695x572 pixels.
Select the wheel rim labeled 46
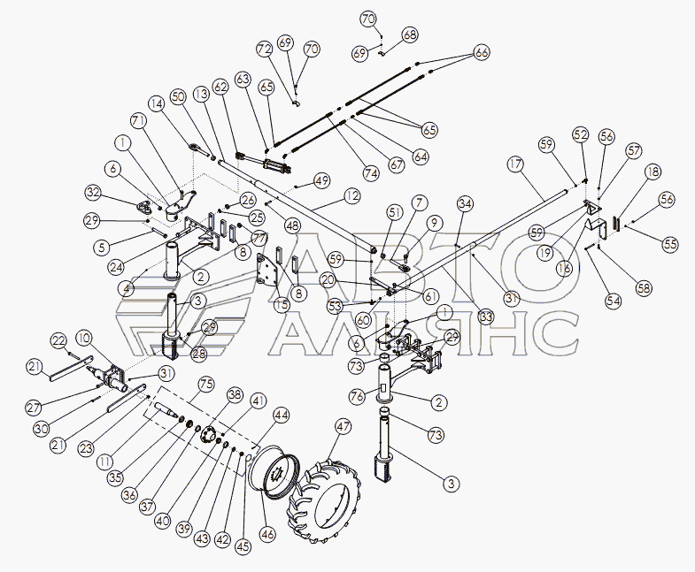[x=274, y=474]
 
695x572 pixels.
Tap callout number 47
[x=343, y=427]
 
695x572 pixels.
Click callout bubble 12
[x=351, y=196]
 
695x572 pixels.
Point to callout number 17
[x=515, y=164]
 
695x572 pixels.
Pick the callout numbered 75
[x=206, y=385]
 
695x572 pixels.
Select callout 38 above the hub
[x=235, y=394]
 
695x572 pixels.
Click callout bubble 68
[x=410, y=35]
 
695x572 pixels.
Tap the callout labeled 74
[x=371, y=173]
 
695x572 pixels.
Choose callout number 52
[x=580, y=134]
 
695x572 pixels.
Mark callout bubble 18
[x=653, y=172]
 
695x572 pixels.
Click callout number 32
[x=94, y=194]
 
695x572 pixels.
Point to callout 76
[x=358, y=395]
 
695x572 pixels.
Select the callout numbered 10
[x=84, y=338]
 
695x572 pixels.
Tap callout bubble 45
[x=243, y=546]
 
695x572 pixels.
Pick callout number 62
[x=220, y=87]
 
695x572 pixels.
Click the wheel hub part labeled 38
[x=207, y=433]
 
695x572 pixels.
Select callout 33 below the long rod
[x=486, y=317]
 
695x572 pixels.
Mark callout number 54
[x=614, y=301]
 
